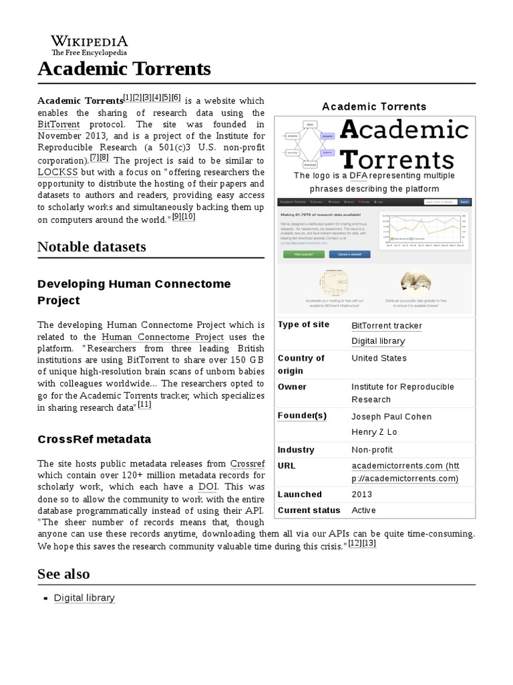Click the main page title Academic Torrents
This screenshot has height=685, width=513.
pyautogui.click(x=124, y=68)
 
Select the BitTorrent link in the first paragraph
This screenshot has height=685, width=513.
pyautogui.click(x=59, y=124)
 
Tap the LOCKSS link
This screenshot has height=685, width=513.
pyautogui.click(x=59, y=173)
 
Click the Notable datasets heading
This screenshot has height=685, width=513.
pyautogui.click(x=92, y=247)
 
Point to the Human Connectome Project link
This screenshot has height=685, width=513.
pyautogui.click(x=162, y=336)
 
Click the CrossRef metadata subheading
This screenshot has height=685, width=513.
pyautogui.click(x=94, y=439)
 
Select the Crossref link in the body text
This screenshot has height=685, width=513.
pyautogui.click(x=247, y=463)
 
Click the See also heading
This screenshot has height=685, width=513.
pyautogui.click(x=63, y=574)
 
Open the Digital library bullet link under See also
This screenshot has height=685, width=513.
pyautogui.click(x=84, y=598)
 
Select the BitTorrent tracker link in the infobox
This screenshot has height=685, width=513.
pyautogui.click(x=387, y=326)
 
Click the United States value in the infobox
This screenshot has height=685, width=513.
pyautogui.click(x=379, y=358)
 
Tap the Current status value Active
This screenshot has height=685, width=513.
pyautogui.click(x=363, y=510)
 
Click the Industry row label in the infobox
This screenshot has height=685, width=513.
pyautogui.click(x=295, y=450)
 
